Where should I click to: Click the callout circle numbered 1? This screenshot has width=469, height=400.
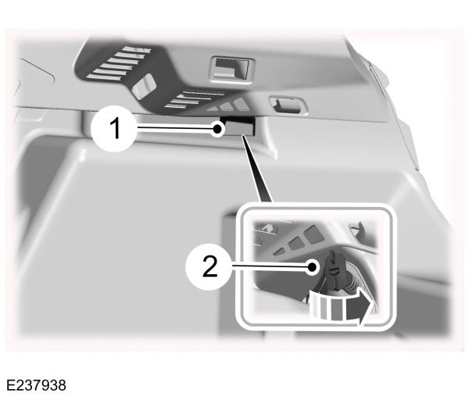click(115, 127)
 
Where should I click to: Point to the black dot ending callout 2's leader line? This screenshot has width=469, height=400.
click(312, 267)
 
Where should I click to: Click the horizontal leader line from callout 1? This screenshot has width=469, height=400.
click(176, 127)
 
